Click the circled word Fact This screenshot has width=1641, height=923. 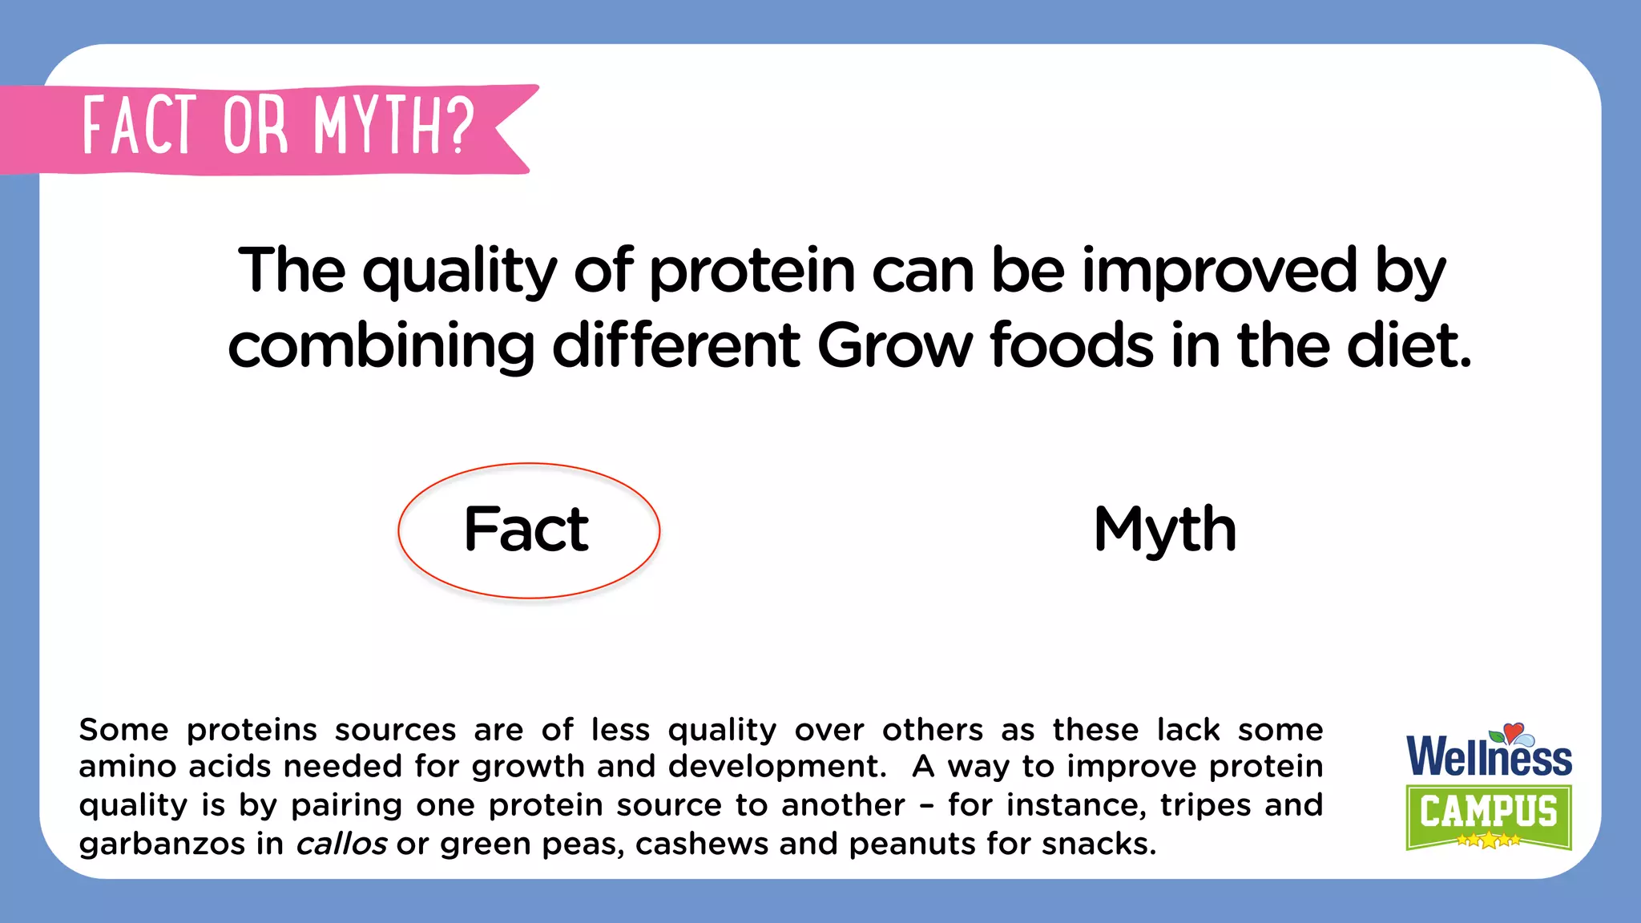click(x=526, y=530)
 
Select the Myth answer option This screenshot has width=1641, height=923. click(x=1165, y=530)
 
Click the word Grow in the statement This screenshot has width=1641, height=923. click(x=895, y=346)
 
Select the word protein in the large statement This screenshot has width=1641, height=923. click(x=752, y=271)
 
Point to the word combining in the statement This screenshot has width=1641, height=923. click(x=381, y=348)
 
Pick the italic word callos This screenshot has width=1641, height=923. click(x=341, y=844)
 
